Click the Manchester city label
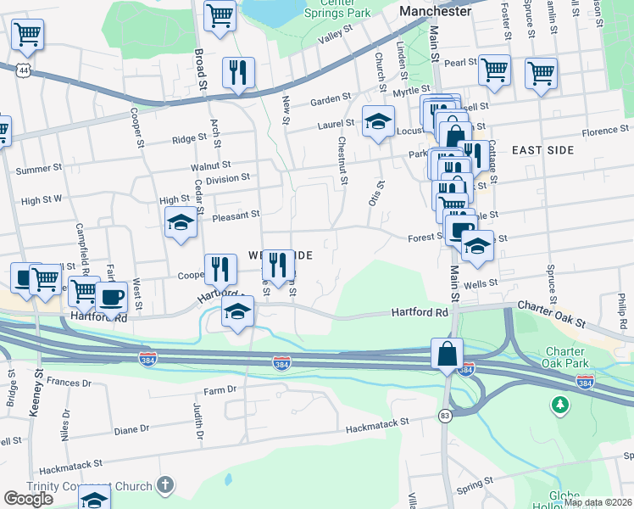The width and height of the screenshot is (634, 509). (x=434, y=12)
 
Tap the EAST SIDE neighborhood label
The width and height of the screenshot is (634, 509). (x=543, y=150)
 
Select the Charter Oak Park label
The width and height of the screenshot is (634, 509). (x=565, y=359)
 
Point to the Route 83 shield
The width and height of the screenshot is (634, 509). (x=444, y=416)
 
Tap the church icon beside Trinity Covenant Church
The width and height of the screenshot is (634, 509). (x=165, y=485)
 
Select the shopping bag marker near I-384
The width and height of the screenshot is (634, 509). (x=447, y=353)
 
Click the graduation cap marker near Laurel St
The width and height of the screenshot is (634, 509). (x=378, y=120)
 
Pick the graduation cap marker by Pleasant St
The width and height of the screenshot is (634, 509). (x=181, y=223)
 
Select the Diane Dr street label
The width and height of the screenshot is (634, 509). (x=131, y=429)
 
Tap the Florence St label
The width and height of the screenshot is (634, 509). (x=605, y=131)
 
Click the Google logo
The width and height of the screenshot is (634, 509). (x=29, y=498)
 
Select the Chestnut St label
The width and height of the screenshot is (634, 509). (x=343, y=160)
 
